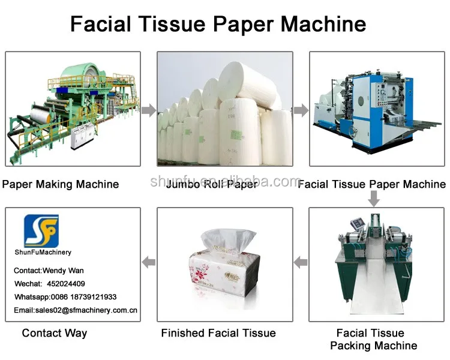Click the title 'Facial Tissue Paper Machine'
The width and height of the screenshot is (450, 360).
point(218,24)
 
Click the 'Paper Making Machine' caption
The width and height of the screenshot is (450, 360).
point(60,184)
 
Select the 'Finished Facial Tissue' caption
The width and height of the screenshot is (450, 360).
point(218,333)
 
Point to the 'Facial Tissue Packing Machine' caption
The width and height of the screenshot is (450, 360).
point(373,339)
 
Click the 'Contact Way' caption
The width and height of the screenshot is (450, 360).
point(55,333)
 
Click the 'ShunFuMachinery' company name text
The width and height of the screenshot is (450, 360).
point(43,252)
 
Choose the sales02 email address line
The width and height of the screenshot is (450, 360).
point(76,310)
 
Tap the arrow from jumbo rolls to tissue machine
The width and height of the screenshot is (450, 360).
point(301,110)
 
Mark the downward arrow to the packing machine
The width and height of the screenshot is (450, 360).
point(374,199)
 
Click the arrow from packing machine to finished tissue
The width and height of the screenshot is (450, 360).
point(301,262)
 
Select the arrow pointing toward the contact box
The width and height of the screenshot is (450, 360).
point(148,262)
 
